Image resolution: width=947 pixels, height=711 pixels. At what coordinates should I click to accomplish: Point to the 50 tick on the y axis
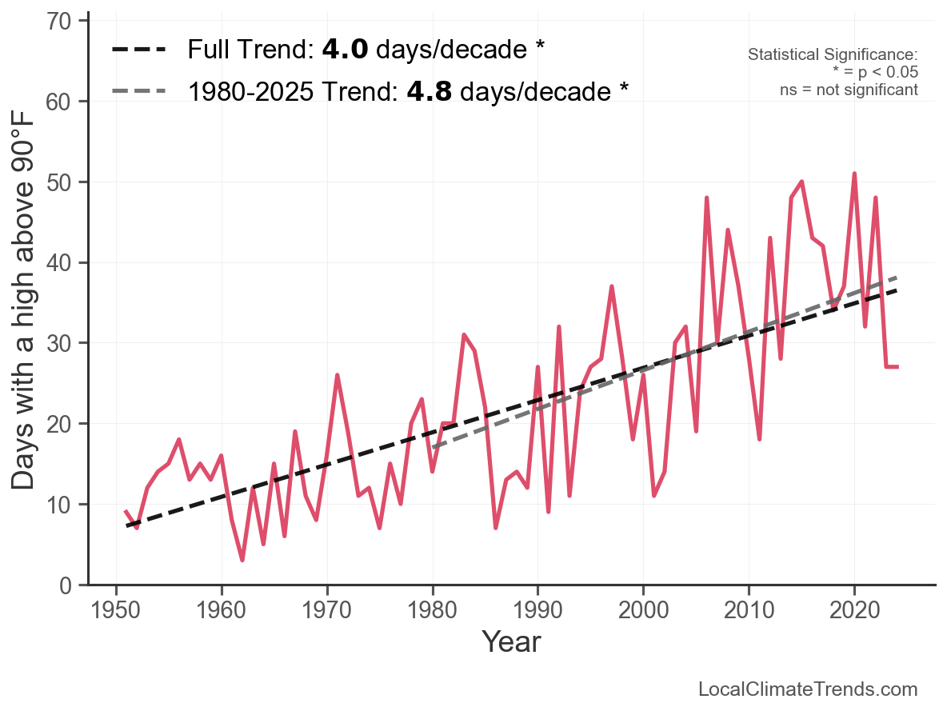66,182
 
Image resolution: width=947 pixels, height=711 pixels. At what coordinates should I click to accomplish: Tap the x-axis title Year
511,641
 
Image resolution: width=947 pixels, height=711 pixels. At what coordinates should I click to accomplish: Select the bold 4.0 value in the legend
345,50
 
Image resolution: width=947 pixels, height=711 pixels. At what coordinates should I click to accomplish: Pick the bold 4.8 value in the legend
430,91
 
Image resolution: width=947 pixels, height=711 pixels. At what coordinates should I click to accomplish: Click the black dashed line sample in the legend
139,50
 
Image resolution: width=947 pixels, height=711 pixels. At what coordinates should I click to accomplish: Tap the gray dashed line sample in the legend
139,91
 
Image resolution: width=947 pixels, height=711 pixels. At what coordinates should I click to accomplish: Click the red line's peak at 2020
854,174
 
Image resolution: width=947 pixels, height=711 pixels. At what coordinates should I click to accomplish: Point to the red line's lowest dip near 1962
242,560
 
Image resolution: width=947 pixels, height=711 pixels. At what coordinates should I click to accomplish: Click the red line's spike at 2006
707,198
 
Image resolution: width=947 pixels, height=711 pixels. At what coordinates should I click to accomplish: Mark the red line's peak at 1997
612,286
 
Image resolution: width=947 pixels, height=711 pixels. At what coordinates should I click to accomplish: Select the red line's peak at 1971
338,375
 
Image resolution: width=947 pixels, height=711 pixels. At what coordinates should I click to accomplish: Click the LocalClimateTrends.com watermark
808,689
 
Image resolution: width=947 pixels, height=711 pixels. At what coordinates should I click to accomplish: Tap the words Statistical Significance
832,55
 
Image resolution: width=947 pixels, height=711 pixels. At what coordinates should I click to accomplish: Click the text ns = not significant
849,90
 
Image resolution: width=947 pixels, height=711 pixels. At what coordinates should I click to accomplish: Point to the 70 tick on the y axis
66,22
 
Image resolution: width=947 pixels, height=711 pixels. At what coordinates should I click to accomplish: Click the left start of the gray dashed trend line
433,447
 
